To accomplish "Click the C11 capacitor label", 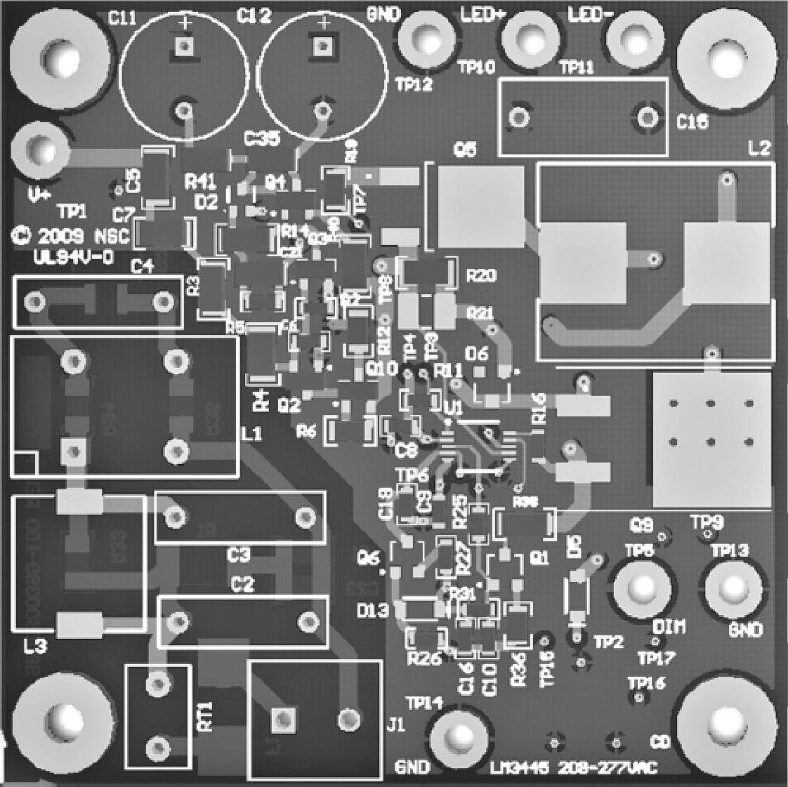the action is pos(123,19).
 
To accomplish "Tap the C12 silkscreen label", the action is pos(254,16).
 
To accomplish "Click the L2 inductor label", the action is pos(759,149).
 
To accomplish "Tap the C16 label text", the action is pos(692,122).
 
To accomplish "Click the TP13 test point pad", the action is pos(733,588).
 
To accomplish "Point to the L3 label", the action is pos(34,647).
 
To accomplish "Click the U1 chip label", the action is pos(453,407).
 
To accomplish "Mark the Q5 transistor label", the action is pos(466,149).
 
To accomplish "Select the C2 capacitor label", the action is pos(242,584).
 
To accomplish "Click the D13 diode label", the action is pos(372,611).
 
